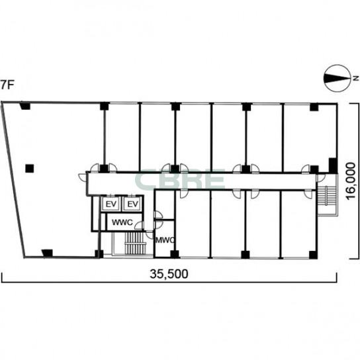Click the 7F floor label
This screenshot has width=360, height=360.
pos(7,85)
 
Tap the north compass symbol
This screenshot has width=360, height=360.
pos(337,79)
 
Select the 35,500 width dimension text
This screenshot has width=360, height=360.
pos(169,274)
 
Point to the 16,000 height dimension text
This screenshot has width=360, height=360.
pos(351,181)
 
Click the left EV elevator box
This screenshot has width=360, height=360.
pos(111,204)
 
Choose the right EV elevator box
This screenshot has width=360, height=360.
pos(132,204)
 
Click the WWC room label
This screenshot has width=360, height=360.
pos(122,222)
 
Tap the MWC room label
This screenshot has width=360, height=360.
pos(165,240)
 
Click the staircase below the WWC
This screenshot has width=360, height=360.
pos(136,243)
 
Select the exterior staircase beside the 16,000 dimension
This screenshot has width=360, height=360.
pos(326,195)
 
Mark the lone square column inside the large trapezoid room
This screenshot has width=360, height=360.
pos(30,169)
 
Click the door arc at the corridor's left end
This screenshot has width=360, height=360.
pos(82,177)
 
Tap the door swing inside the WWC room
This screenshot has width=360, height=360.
pos(140,226)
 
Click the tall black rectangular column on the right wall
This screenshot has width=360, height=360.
pos(333,165)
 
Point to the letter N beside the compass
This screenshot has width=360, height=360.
pos(355,78)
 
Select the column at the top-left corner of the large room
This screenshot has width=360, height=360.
pos(25,106)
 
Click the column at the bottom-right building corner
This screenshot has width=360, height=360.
pos(314,255)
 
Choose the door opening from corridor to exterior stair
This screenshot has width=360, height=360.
pos(320,178)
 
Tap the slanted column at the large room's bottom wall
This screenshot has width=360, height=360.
pos(47,253)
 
